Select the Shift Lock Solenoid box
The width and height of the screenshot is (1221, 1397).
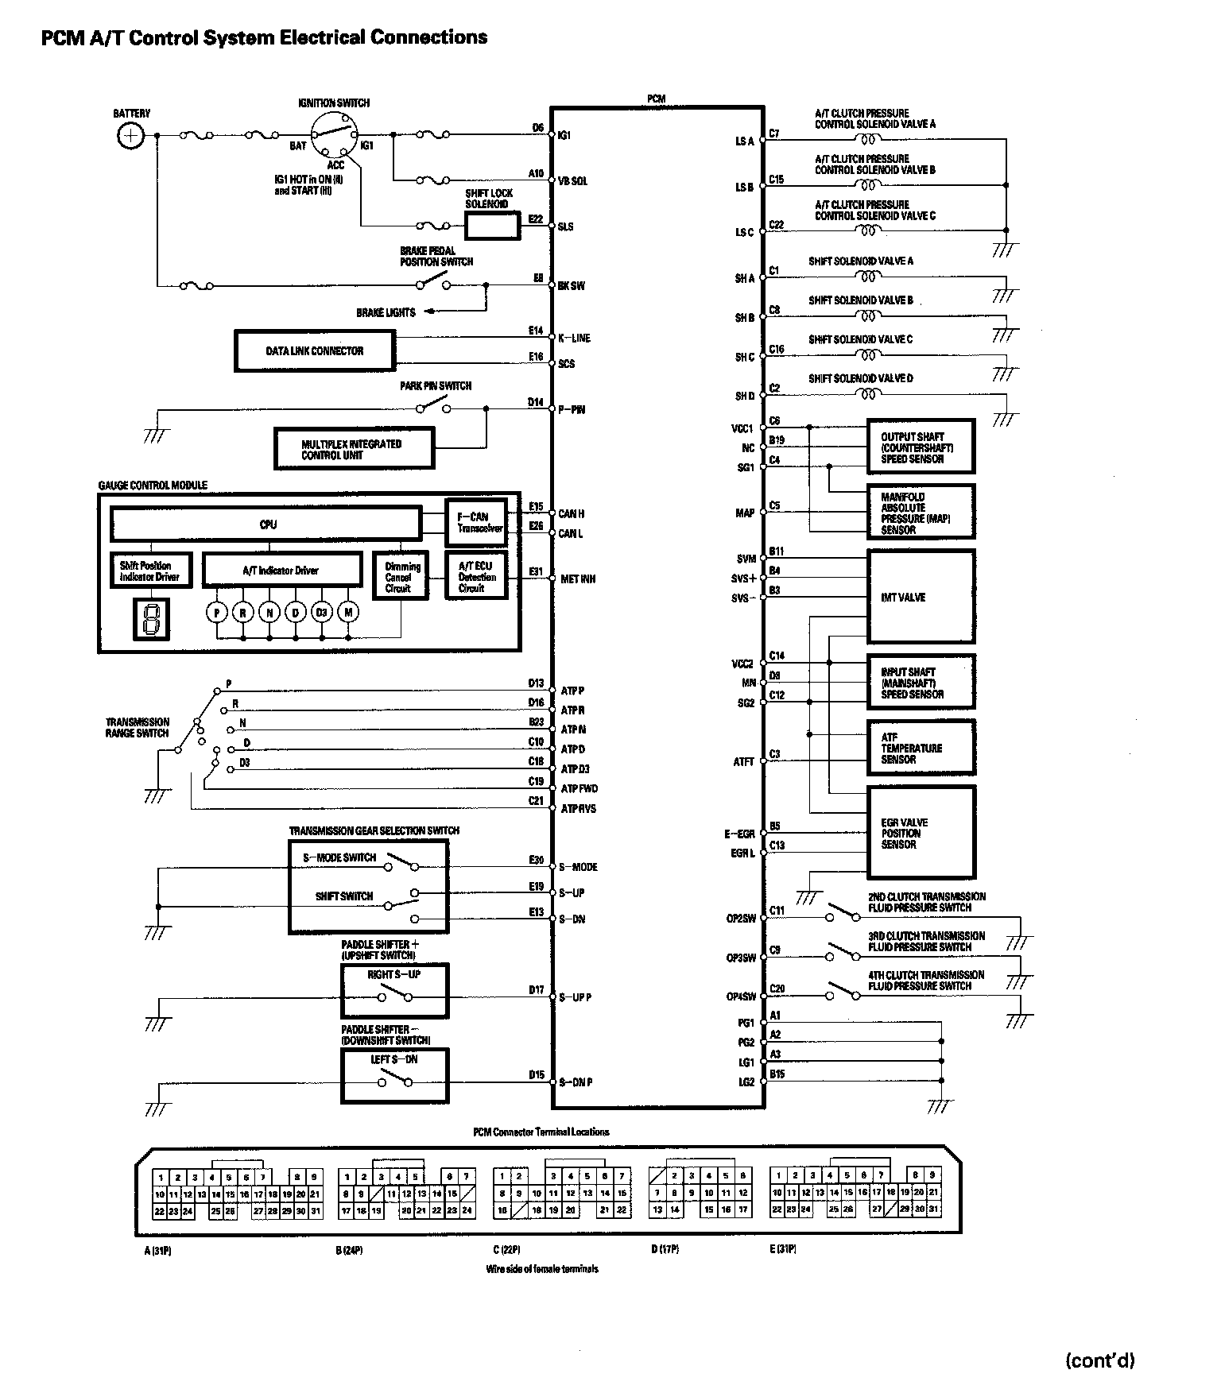[491, 226]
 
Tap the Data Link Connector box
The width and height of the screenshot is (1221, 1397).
[315, 350]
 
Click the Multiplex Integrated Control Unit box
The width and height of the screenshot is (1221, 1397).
[354, 450]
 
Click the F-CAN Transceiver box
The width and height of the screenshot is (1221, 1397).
[475, 522]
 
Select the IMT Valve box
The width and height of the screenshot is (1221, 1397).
[921, 597]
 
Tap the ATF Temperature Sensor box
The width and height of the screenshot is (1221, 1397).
[921, 748]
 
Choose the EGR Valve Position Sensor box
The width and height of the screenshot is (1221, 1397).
[921, 833]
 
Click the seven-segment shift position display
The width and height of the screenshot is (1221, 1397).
[150, 619]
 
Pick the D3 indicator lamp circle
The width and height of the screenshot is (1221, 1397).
[321, 612]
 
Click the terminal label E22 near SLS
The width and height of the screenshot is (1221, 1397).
[535, 218]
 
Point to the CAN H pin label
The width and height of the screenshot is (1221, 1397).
[571, 514]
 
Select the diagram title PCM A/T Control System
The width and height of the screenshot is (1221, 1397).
[264, 37]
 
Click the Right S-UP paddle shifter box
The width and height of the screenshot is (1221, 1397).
[394, 990]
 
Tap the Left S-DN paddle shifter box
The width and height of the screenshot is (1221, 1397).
[394, 1075]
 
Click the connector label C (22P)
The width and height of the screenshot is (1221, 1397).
[506, 1249]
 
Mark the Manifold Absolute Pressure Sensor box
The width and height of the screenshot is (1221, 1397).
[921, 513]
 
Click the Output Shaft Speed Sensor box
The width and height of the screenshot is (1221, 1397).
[921, 447]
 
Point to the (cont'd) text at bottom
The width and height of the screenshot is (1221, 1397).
[1099, 1360]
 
